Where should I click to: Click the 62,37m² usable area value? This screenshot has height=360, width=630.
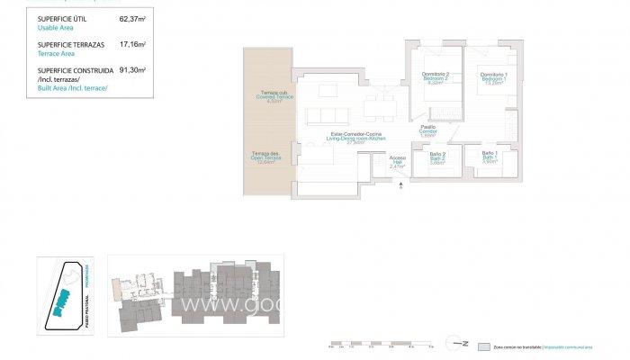tap(132, 18)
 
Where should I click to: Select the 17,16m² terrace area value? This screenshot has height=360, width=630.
tap(132, 43)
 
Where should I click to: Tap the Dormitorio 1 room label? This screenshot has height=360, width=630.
tap(492, 77)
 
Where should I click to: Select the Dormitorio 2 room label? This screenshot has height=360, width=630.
tap(436, 77)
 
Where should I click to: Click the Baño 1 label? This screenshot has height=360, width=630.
tap(490, 157)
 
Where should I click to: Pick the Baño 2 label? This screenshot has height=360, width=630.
tap(437, 157)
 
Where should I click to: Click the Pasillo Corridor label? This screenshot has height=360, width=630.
tap(428, 131)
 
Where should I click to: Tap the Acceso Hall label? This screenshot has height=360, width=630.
tap(397, 162)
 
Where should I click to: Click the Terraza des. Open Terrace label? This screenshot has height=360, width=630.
tap(265, 158)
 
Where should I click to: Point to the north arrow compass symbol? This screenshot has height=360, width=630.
tap(462, 343)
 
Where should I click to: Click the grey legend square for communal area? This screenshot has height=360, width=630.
tap(484, 346)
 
